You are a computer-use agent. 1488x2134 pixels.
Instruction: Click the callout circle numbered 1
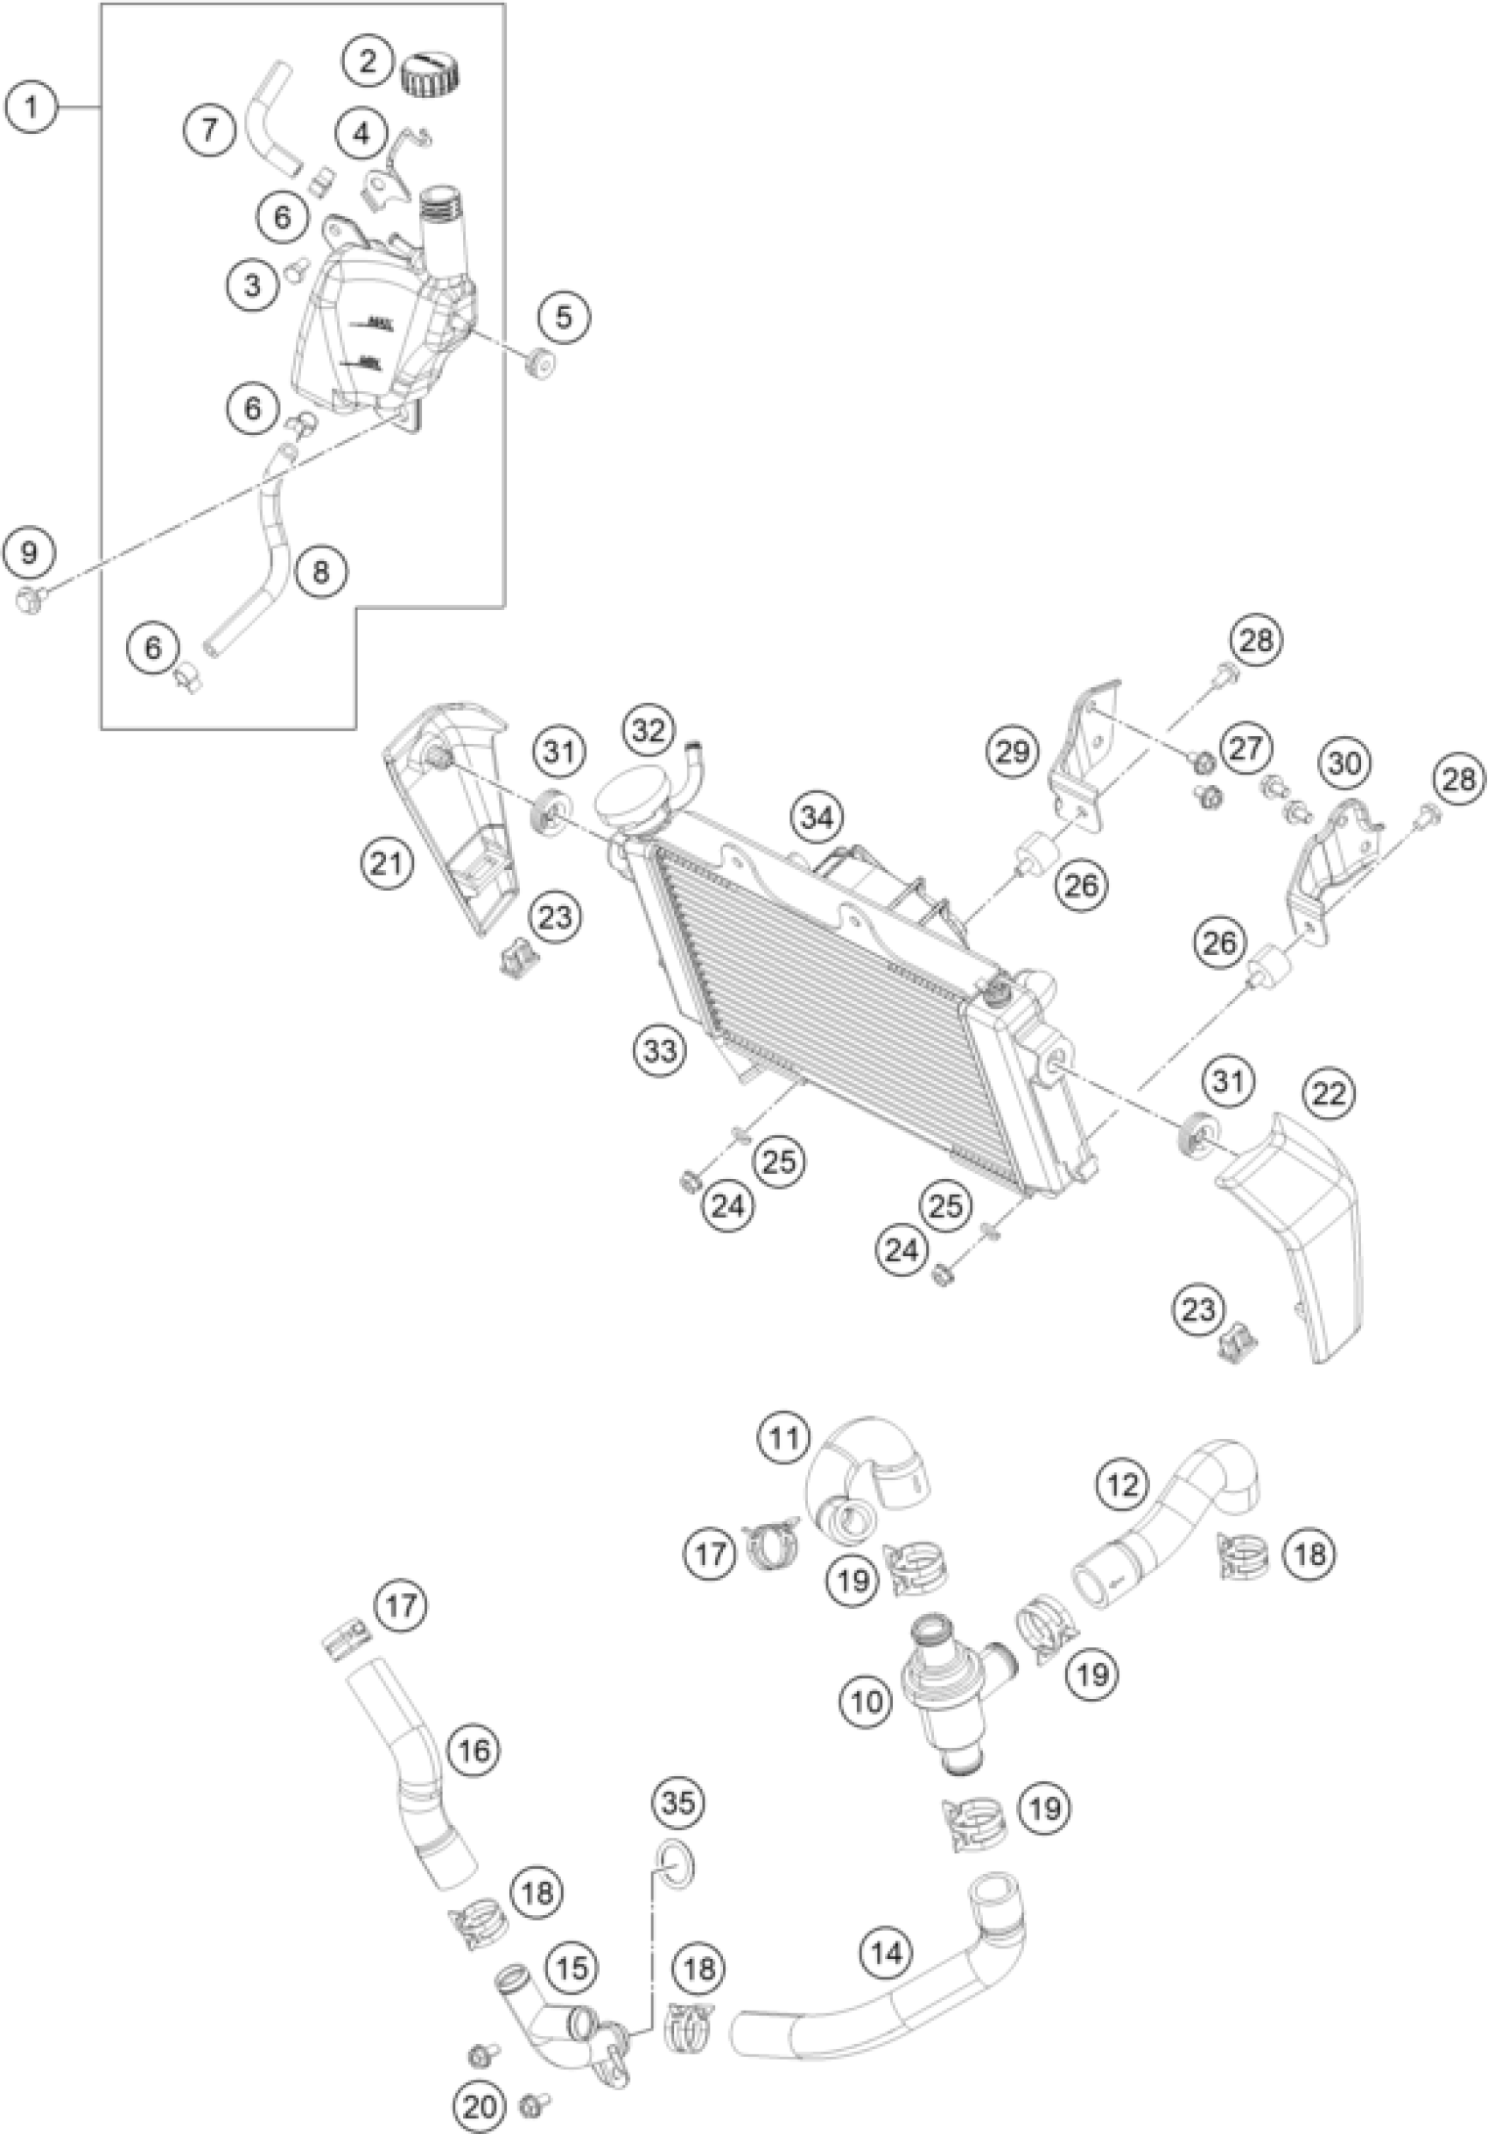pyautogui.click(x=32, y=108)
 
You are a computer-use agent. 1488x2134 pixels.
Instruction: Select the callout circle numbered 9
pyautogui.click(x=30, y=553)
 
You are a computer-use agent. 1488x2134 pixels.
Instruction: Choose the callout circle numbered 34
pyautogui.click(x=817, y=818)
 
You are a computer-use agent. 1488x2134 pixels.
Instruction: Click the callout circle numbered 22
pyautogui.click(x=1330, y=1093)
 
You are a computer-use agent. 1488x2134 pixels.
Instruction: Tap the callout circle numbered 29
pyautogui.click(x=1013, y=750)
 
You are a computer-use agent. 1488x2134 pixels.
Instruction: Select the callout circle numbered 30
pyautogui.click(x=1344, y=763)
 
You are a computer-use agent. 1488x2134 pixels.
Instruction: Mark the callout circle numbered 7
pyautogui.click(x=210, y=129)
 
